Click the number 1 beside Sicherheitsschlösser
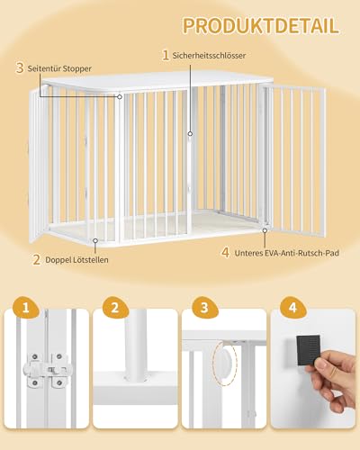click(x=165, y=55)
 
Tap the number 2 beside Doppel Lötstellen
click(x=36, y=260)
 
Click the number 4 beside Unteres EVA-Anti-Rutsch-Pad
click(x=225, y=253)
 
